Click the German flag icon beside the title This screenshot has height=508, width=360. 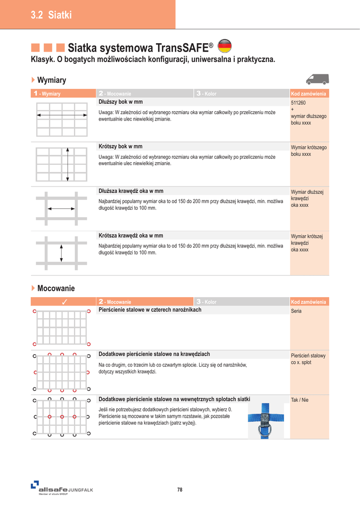click(225, 46)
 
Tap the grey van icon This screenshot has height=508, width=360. click(317, 79)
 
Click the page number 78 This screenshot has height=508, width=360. click(180, 490)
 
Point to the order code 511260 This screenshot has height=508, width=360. click(298, 103)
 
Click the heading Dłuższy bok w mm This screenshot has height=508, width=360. click(121, 102)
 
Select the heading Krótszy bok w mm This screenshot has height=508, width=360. click(121, 146)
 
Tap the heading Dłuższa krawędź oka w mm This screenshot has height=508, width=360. click(131, 191)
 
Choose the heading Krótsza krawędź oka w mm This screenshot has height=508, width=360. click(131, 236)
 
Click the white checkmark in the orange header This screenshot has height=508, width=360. click(64, 302)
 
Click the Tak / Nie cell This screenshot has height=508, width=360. click(299, 400)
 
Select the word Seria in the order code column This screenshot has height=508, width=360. click(296, 311)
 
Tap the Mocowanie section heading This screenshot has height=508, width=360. click(56, 288)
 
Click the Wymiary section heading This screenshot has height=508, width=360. click(52, 80)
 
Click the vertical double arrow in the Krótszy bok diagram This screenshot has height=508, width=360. click(68, 159)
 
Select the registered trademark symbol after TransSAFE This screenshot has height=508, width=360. click(211, 46)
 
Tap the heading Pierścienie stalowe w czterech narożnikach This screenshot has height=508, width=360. click(150, 310)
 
